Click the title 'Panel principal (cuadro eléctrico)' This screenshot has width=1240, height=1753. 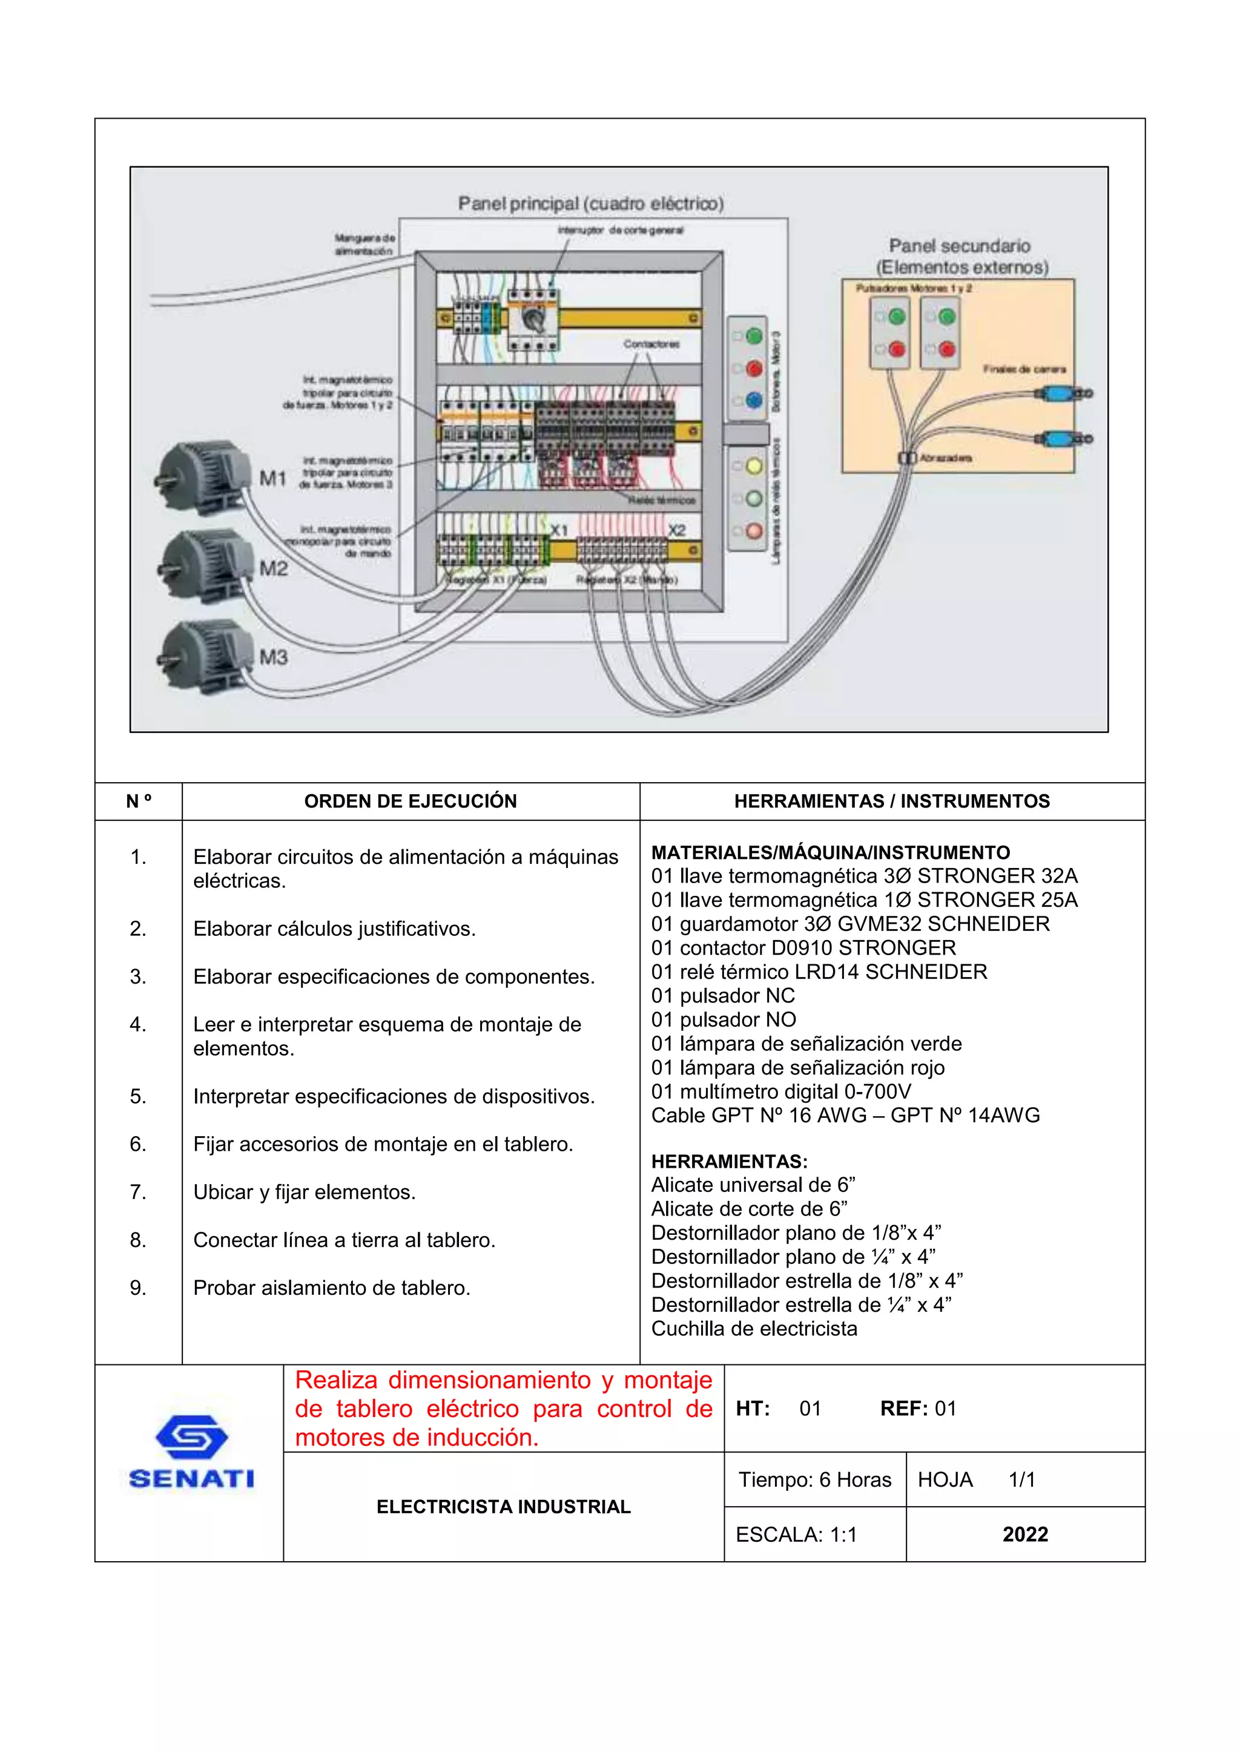click(590, 204)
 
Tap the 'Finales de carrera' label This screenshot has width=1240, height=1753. click(1024, 369)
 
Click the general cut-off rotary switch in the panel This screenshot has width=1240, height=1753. click(533, 318)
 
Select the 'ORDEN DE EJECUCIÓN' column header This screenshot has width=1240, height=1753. click(410, 801)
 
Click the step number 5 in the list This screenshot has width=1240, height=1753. click(137, 1096)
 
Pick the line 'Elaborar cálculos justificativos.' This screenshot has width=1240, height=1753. click(334, 929)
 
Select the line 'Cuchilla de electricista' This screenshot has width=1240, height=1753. click(754, 1329)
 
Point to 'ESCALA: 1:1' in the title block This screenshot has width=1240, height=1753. click(796, 1534)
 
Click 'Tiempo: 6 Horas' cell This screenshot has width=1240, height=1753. click(815, 1479)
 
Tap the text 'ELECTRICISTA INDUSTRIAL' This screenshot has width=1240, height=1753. click(503, 1507)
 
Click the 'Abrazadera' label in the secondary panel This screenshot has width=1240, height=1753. click(945, 458)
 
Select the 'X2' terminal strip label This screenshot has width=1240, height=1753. click(676, 530)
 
